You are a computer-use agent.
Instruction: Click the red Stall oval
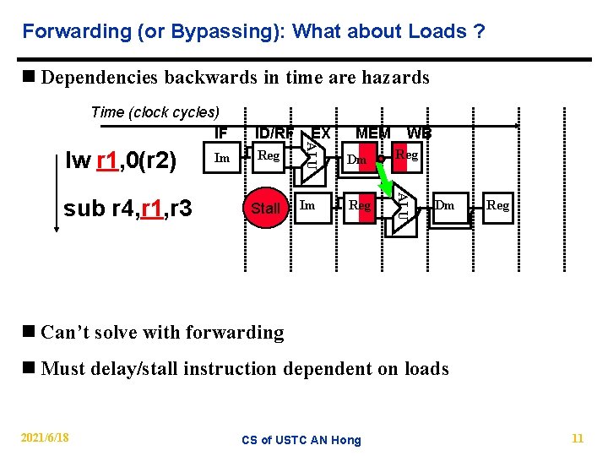pyautogui.click(x=266, y=208)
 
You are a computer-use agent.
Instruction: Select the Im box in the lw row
pyautogui.click(x=222, y=158)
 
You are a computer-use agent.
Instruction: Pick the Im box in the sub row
pyautogui.click(x=308, y=205)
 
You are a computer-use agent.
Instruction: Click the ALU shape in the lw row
pyautogui.click(x=310, y=157)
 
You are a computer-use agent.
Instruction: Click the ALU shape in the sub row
pyautogui.click(x=403, y=206)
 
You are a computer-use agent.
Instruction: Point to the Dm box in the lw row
pyautogui.click(x=356, y=159)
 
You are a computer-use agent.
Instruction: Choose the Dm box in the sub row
pyautogui.click(x=445, y=205)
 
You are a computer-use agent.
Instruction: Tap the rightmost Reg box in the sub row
pyautogui.click(x=498, y=205)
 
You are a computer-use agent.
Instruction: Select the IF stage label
pyautogui.click(x=221, y=133)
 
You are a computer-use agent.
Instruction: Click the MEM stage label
pyautogui.click(x=372, y=133)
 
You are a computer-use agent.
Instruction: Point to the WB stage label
pyautogui.click(x=419, y=133)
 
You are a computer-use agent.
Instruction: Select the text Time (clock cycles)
pyautogui.click(x=155, y=112)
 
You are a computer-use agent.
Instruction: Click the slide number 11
pyautogui.click(x=578, y=438)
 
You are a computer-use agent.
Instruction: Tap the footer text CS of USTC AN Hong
pyautogui.click(x=301, y=439)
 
